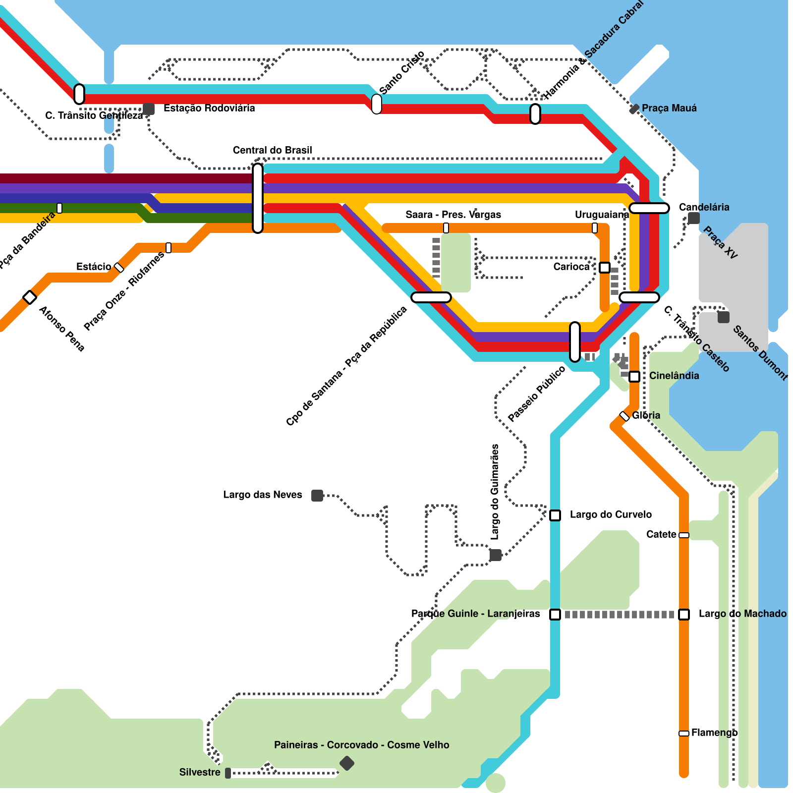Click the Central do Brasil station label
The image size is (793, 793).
click(272, 150)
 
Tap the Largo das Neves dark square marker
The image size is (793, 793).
click(317, 496)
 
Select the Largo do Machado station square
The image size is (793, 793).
click(684, 615)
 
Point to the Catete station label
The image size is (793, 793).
click(661, 534)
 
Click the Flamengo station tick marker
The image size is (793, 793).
click(684, 734)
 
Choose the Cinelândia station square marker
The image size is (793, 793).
click(634, 377)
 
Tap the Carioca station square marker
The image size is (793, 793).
click(605, 268)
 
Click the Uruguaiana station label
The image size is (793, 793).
click(602, 215)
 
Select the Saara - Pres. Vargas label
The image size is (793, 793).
click(453, 215)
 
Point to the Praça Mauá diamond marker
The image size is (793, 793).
click(634, 109)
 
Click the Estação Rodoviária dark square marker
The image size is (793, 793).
click(149, 109)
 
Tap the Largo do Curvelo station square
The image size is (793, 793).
click(555, 515)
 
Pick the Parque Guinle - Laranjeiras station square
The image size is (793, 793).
click(555, 615)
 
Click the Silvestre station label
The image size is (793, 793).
click(200, 772)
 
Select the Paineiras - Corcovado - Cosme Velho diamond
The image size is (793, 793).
click(347, 763)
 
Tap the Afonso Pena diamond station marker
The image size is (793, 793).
click(30, 297)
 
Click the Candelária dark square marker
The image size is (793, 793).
click(694, 218)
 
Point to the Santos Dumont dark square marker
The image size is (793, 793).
click(724, 317)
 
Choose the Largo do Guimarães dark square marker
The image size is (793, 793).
click(496, 555)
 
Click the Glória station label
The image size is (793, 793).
click(646, 415)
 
